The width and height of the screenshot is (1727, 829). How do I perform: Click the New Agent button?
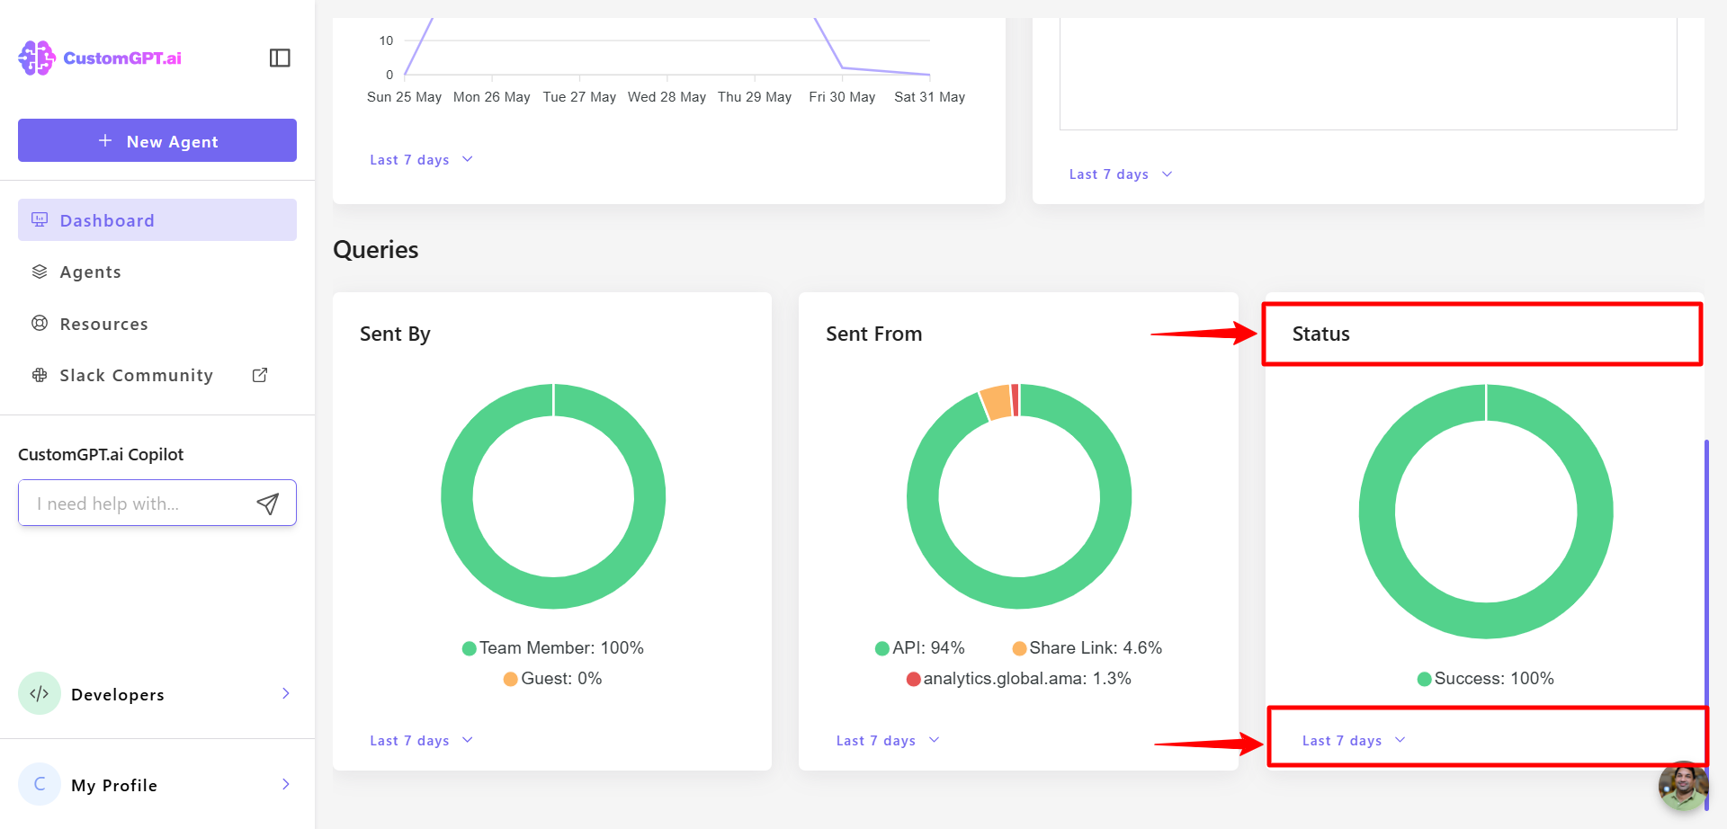pyautogui.click(x=157, y=141)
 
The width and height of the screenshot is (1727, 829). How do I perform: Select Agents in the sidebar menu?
pyautogui.click(x=90, y=272)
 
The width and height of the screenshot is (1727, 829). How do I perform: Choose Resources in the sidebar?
pyautogui.click(x=103, y=325)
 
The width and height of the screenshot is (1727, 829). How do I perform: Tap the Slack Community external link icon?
pyautogui.click(x=260, y=375)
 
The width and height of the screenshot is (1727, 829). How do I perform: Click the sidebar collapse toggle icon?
pyautogui.click(x=280, y=58)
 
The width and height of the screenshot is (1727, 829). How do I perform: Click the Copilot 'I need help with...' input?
pyautogui.click(x=139, y=504)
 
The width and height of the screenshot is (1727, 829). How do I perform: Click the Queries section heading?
pyautogui.click(x=376, y=250)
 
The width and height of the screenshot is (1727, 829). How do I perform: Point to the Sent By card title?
pyautogui.click(x=395, y=334)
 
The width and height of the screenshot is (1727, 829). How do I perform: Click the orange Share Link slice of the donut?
pyautogui.click(x=996, y=402)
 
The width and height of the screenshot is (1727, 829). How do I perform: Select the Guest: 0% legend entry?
pyautogui.click(x=553, y=679)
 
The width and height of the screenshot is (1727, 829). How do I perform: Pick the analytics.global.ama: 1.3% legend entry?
pyautogui.click(x=1019, y=679)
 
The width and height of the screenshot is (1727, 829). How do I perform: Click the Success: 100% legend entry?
pyautogui.click(x=1486, y=679)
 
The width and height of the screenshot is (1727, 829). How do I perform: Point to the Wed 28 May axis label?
pyautogui.click(x=667, y=97)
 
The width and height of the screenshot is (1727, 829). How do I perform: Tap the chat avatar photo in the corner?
pyautogui.click(x=1683, y=786)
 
